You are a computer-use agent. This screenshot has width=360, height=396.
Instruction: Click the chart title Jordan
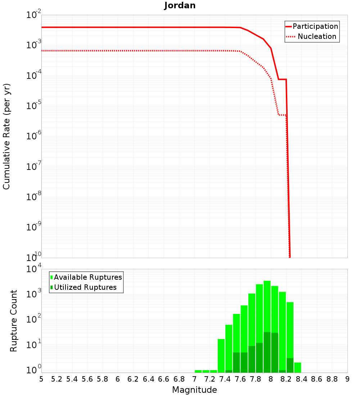point(180,6)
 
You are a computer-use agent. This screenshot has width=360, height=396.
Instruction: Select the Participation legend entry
point(315,26)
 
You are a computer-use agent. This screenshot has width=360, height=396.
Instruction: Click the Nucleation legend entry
point(316,36)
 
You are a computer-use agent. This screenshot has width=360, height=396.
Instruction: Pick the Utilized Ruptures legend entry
point(85,287)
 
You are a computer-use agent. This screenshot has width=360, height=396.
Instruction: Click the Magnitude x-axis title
point(194,390)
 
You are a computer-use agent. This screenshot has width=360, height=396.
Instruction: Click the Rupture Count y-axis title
point(14,321)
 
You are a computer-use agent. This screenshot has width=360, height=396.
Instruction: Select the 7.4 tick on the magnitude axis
point(225,379)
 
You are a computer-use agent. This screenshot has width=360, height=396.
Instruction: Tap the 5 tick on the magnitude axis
point(41,379)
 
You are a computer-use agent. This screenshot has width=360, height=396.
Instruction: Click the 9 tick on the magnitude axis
point(347,379)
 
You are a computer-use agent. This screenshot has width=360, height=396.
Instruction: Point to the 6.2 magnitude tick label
point(133,379)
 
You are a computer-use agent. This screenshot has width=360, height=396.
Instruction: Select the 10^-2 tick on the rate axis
point(33,15)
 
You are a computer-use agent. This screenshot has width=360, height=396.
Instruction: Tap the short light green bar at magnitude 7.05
point(198,371)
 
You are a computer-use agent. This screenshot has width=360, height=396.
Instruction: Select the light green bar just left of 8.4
point(298,368)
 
